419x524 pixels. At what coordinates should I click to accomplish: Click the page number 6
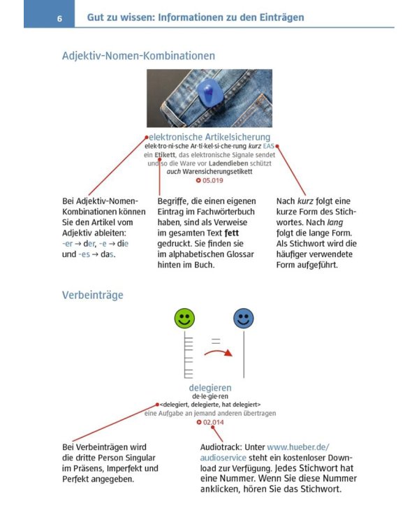pos(59,18)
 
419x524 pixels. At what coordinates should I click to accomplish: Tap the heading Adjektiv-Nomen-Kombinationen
pos(138,55)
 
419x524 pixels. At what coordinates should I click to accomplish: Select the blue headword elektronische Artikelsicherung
pos(209,137)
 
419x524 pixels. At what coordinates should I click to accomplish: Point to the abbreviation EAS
pos(268,146)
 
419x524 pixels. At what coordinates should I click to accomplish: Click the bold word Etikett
pos(164,154)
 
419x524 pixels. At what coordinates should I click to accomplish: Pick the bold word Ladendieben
pos(228,163)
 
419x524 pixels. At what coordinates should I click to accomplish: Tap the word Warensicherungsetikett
pos(217,172)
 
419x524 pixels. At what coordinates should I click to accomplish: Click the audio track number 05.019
pos(212,180)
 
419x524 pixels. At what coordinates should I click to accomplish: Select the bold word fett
pos(232,233)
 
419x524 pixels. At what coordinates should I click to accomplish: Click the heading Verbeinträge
pos(93,295)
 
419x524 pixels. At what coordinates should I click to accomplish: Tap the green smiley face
pos(184,318)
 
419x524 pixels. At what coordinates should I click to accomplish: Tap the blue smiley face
pos(244,318)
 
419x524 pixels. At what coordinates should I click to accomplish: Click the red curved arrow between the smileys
pos(218,351)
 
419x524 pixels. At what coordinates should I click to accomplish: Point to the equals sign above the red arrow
pos(216,341)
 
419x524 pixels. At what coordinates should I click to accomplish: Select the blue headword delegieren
pos(210,388)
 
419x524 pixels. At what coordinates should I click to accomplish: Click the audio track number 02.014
pos(213,423)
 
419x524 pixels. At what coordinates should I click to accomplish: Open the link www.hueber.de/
pos(298,447)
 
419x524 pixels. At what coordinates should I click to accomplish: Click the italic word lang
pos(335,223)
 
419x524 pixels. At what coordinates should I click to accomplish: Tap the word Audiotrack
pos(221,447)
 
